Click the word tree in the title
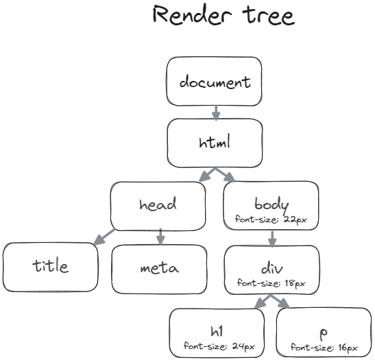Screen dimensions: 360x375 click(x=264, y=16)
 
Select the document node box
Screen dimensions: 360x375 click(x=215, y=82)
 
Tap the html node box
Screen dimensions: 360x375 click(x=215, y=143)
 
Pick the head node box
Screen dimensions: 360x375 click(x=157, y=205)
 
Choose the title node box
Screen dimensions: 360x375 click(x=50, y=266)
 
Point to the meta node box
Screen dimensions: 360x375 click(x=158, y=267)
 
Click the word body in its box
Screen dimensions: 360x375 click(x=271, y=204)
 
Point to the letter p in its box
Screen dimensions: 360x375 click(x=324, y=332)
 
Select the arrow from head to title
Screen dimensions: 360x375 click(x=106, y=237)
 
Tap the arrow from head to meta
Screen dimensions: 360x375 click(x=160, y=237)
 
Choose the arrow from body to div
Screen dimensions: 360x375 click(x=272, y=238)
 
